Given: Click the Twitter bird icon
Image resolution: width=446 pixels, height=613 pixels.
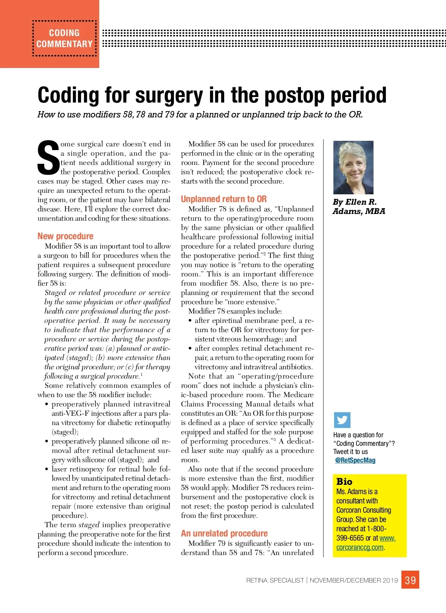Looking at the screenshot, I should pos(342,420).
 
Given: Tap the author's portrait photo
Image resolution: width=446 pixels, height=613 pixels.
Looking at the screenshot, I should pos(353,168).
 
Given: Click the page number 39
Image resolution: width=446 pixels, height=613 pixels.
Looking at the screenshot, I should pos(410,580).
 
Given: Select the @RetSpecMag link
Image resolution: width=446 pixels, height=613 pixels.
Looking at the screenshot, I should pos(355,460).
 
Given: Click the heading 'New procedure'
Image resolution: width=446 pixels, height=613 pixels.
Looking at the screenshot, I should pos(65,236).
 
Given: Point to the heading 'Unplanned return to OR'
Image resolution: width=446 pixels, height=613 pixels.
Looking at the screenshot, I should pos(224,199).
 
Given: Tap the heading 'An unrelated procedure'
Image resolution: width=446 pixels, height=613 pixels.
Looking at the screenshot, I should pos(224,533).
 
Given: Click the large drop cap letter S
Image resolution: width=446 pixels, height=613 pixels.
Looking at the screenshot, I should pos(48,158).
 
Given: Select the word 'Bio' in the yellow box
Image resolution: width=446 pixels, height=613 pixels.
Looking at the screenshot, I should pos(344,481).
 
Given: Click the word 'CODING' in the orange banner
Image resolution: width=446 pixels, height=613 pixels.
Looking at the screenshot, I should pos(64,33).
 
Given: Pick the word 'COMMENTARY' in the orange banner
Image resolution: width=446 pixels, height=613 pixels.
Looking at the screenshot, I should pos(64,44).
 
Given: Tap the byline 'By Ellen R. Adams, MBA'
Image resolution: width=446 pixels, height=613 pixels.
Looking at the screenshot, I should pos(359,207).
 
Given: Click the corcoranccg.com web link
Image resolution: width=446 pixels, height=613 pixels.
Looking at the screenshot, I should pos(360,547).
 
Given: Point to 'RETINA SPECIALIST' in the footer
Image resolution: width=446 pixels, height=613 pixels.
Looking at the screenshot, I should pos(275,580).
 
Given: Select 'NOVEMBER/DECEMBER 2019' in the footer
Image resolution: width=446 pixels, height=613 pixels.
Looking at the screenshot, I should pos(354,580).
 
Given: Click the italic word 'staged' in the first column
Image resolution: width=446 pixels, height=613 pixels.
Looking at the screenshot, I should pos(89,525).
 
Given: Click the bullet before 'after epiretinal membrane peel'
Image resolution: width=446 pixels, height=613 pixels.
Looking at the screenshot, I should pos(190,321).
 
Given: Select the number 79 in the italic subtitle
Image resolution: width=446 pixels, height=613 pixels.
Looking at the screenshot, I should pos(169,114).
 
